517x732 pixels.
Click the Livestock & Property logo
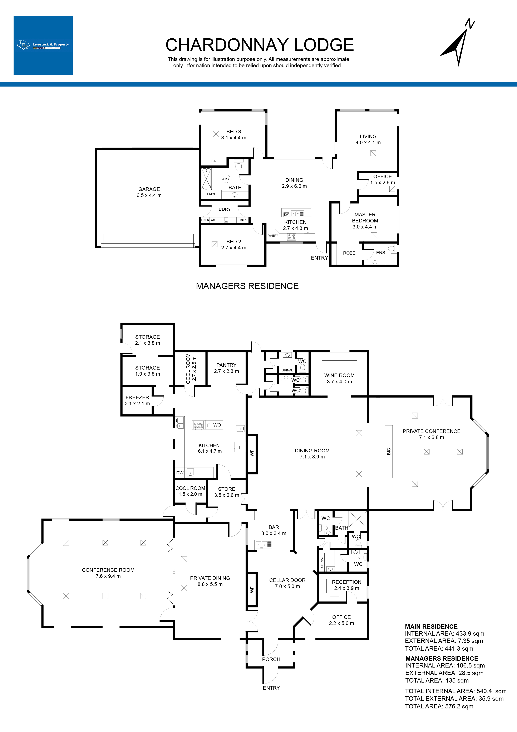coord(43,45)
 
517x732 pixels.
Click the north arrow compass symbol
coord(458,45)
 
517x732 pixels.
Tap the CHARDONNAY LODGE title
coord(260,45)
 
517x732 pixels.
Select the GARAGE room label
coord(149,189)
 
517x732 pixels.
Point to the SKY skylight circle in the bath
coord(226,179)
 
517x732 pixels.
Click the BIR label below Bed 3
coord(214,161)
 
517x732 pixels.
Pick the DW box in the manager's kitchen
coord(286,215)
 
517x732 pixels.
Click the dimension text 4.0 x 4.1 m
coord(368,143)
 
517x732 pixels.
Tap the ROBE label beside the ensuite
coord(349,253)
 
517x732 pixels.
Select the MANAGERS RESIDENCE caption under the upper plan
coord(247,286)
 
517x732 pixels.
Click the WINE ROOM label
coord(339,375)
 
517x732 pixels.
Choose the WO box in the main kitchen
coord(217,425)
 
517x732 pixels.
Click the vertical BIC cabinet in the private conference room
coord(389,451)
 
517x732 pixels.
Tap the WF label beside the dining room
coord(252,453)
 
